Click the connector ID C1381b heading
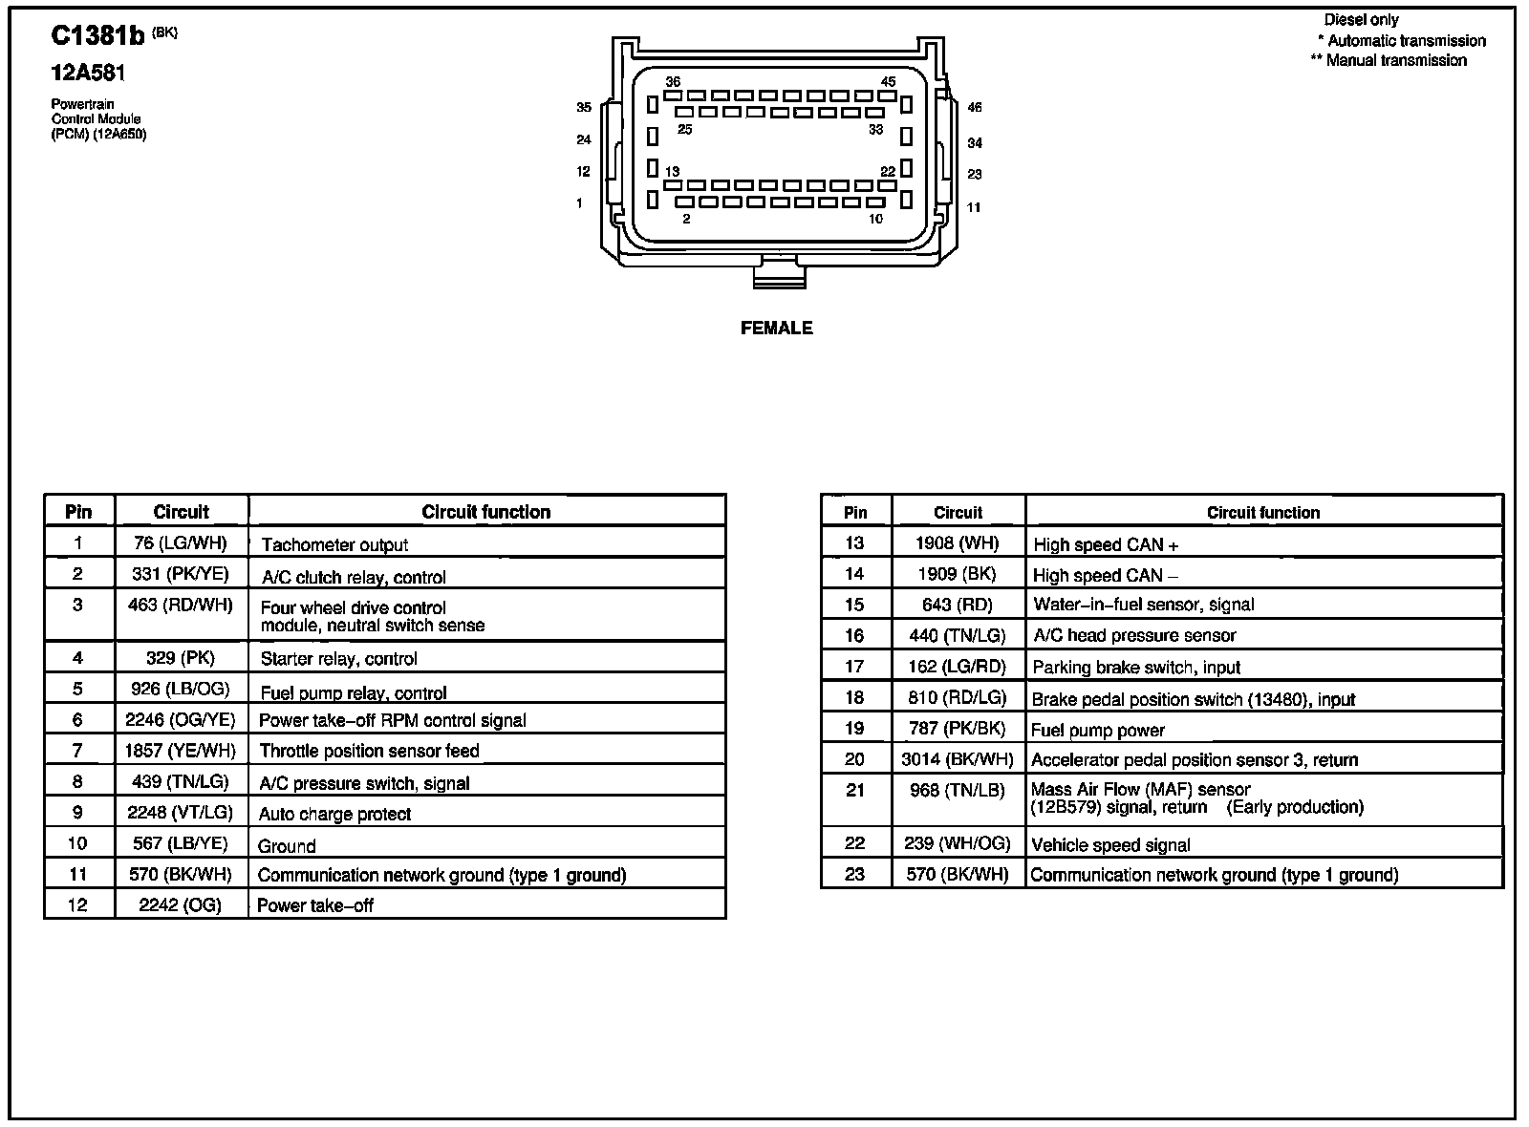pos(98,36)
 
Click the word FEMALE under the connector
pos(776,328)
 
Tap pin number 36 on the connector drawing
pos(673,82)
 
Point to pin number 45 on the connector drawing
pos(888,82)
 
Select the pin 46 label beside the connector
pos(974,108)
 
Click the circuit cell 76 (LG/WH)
pos(181,543)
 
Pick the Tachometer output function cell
pos(334,544)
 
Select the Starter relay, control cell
pos(338,658)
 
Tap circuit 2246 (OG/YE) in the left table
pos(181,720)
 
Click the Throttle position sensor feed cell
pos(369,751)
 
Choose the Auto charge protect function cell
pos(334,814)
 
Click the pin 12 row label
pos(78,904)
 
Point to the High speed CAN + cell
pos(1106,544)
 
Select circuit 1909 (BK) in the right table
pos(957,574)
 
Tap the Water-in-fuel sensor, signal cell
pos(1144,605)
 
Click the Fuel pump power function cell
pos(1098,731)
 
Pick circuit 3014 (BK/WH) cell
pos(957,759)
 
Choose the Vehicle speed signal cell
pos(1110,844)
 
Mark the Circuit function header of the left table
pos(485,512)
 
